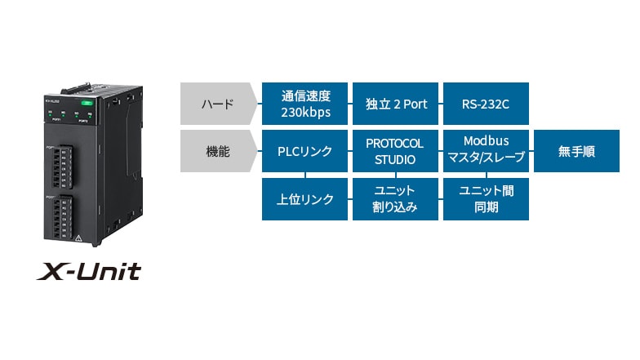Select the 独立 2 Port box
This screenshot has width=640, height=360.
click(x=396, y=104)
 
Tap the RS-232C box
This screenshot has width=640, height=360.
click(x=485, y=104)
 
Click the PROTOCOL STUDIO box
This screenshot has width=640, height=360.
click(x=396, y=152)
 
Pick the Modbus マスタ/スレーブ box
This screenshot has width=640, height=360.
click(x=485, y=152)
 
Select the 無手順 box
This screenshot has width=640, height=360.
click(x=576, y=152)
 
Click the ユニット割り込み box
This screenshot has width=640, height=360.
click(x=396, y=198)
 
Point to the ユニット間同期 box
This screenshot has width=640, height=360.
click(x=485, y=198)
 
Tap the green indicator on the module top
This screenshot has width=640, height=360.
click(x=87, y=103)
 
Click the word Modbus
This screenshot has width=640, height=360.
click(x=486, y=142)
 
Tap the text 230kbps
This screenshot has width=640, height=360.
click(x=305, y=113)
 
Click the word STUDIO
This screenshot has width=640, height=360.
click(x=396, y=160)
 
